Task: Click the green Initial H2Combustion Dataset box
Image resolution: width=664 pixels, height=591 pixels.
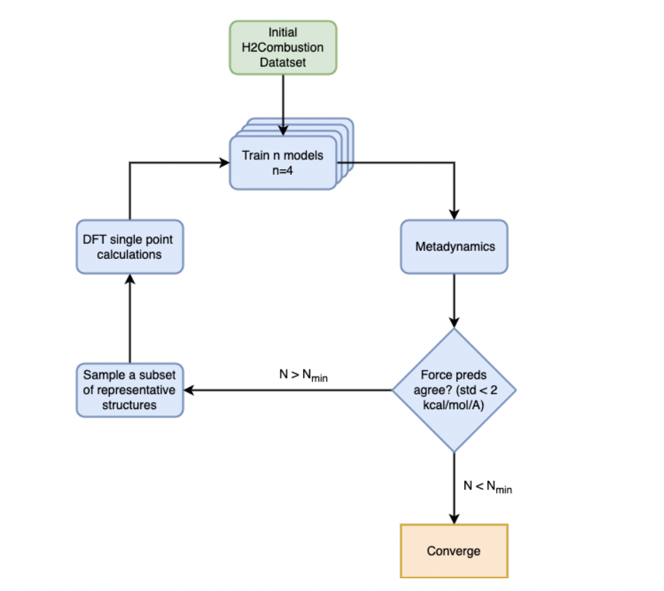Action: coord(283,47)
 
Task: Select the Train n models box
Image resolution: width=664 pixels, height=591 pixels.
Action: coord(283,162)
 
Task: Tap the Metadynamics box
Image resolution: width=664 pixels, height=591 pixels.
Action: coord(454,247)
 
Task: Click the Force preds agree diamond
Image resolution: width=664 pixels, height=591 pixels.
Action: coord(454,390)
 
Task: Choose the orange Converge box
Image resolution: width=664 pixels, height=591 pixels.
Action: coord(454,551)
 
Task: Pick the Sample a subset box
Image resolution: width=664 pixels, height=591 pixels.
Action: coord(130,390)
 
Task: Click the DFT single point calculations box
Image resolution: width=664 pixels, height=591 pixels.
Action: coord(130,247)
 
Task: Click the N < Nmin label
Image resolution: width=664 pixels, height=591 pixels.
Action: coord(487,487)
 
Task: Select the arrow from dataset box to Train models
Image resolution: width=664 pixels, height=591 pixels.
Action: coord(283,102)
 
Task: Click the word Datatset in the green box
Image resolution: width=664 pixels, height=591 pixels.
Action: coord(283,62)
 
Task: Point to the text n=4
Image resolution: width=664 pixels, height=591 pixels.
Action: coord(283,170)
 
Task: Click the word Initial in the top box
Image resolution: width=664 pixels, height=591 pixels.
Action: coord(283,32)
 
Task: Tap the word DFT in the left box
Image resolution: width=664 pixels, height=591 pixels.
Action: coord(93,240)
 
